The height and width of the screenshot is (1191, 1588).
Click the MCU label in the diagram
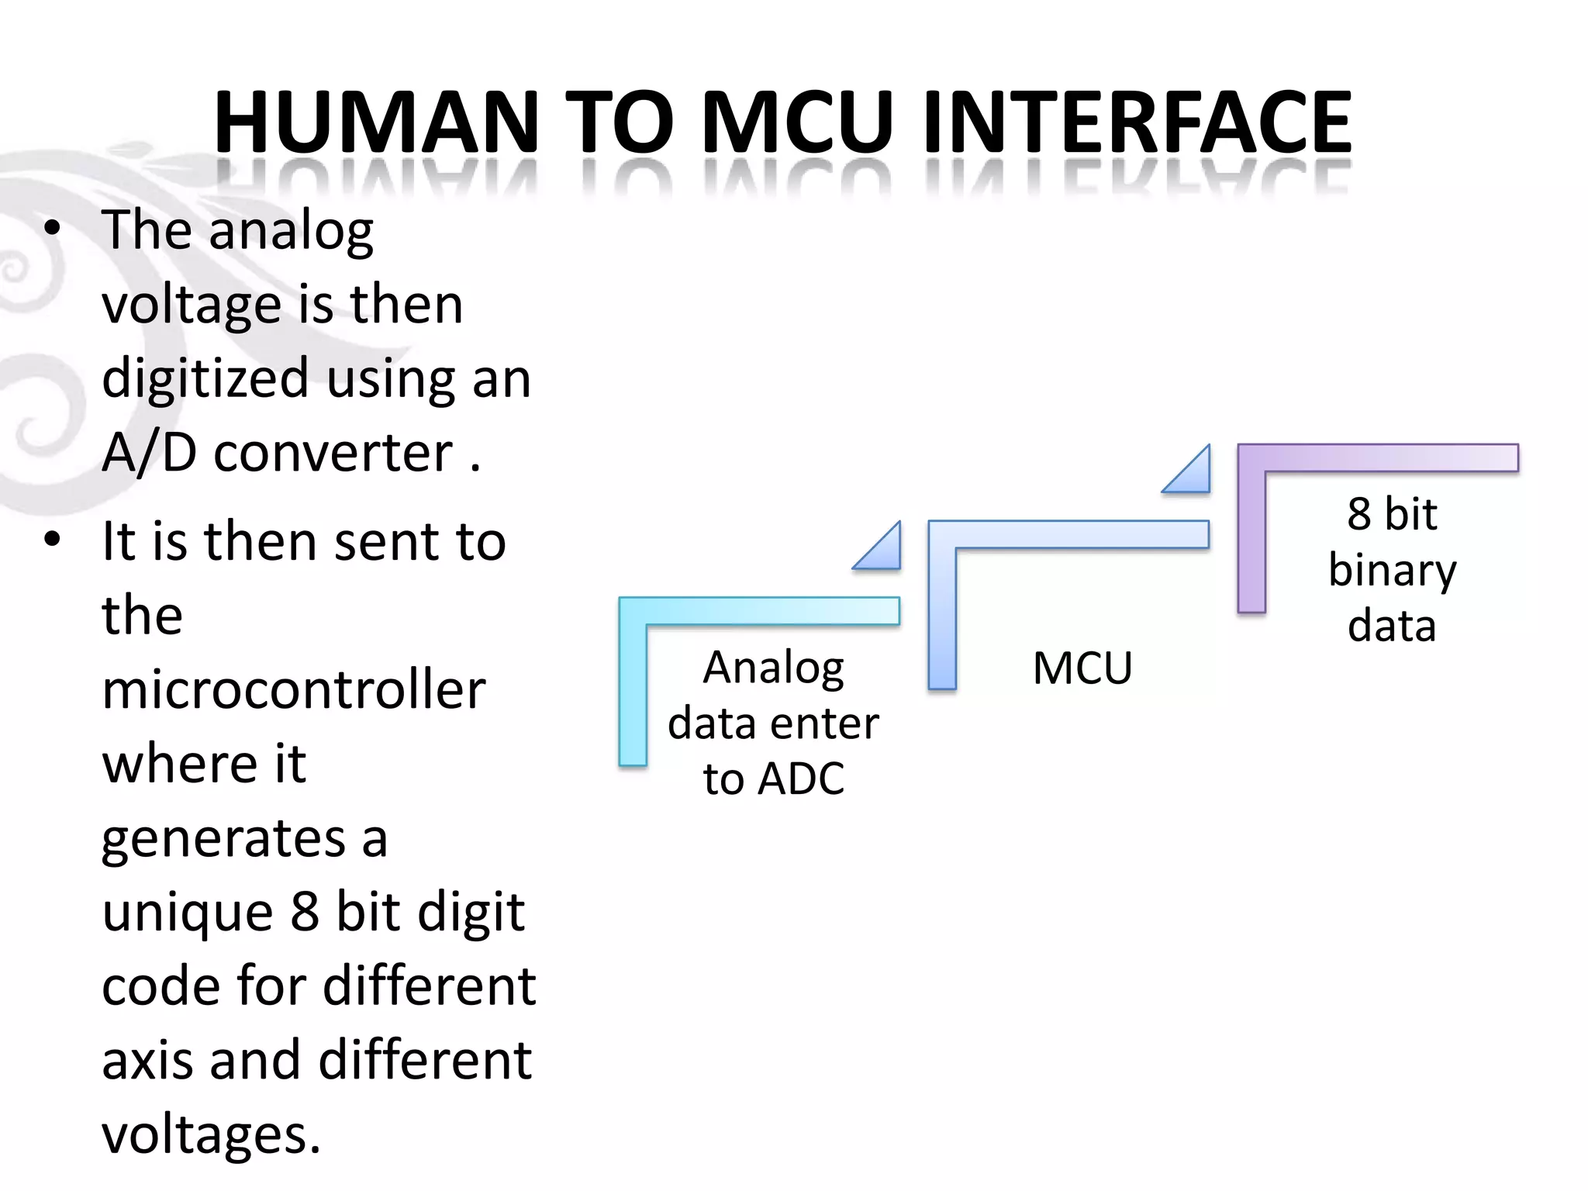tap(1082, 668)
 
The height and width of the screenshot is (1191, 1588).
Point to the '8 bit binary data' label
tap(1392, 569)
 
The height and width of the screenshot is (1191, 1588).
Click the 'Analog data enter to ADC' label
tap(773, 723)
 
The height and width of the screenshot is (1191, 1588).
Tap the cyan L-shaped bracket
tap(633, 682)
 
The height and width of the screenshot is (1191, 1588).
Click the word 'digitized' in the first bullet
tap(205, 378)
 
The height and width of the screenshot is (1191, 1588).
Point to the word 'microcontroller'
tap(293, 689)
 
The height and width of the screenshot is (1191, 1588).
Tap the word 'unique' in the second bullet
tap(188, 912)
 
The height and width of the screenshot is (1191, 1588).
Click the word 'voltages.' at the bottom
tap(211, 1134)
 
